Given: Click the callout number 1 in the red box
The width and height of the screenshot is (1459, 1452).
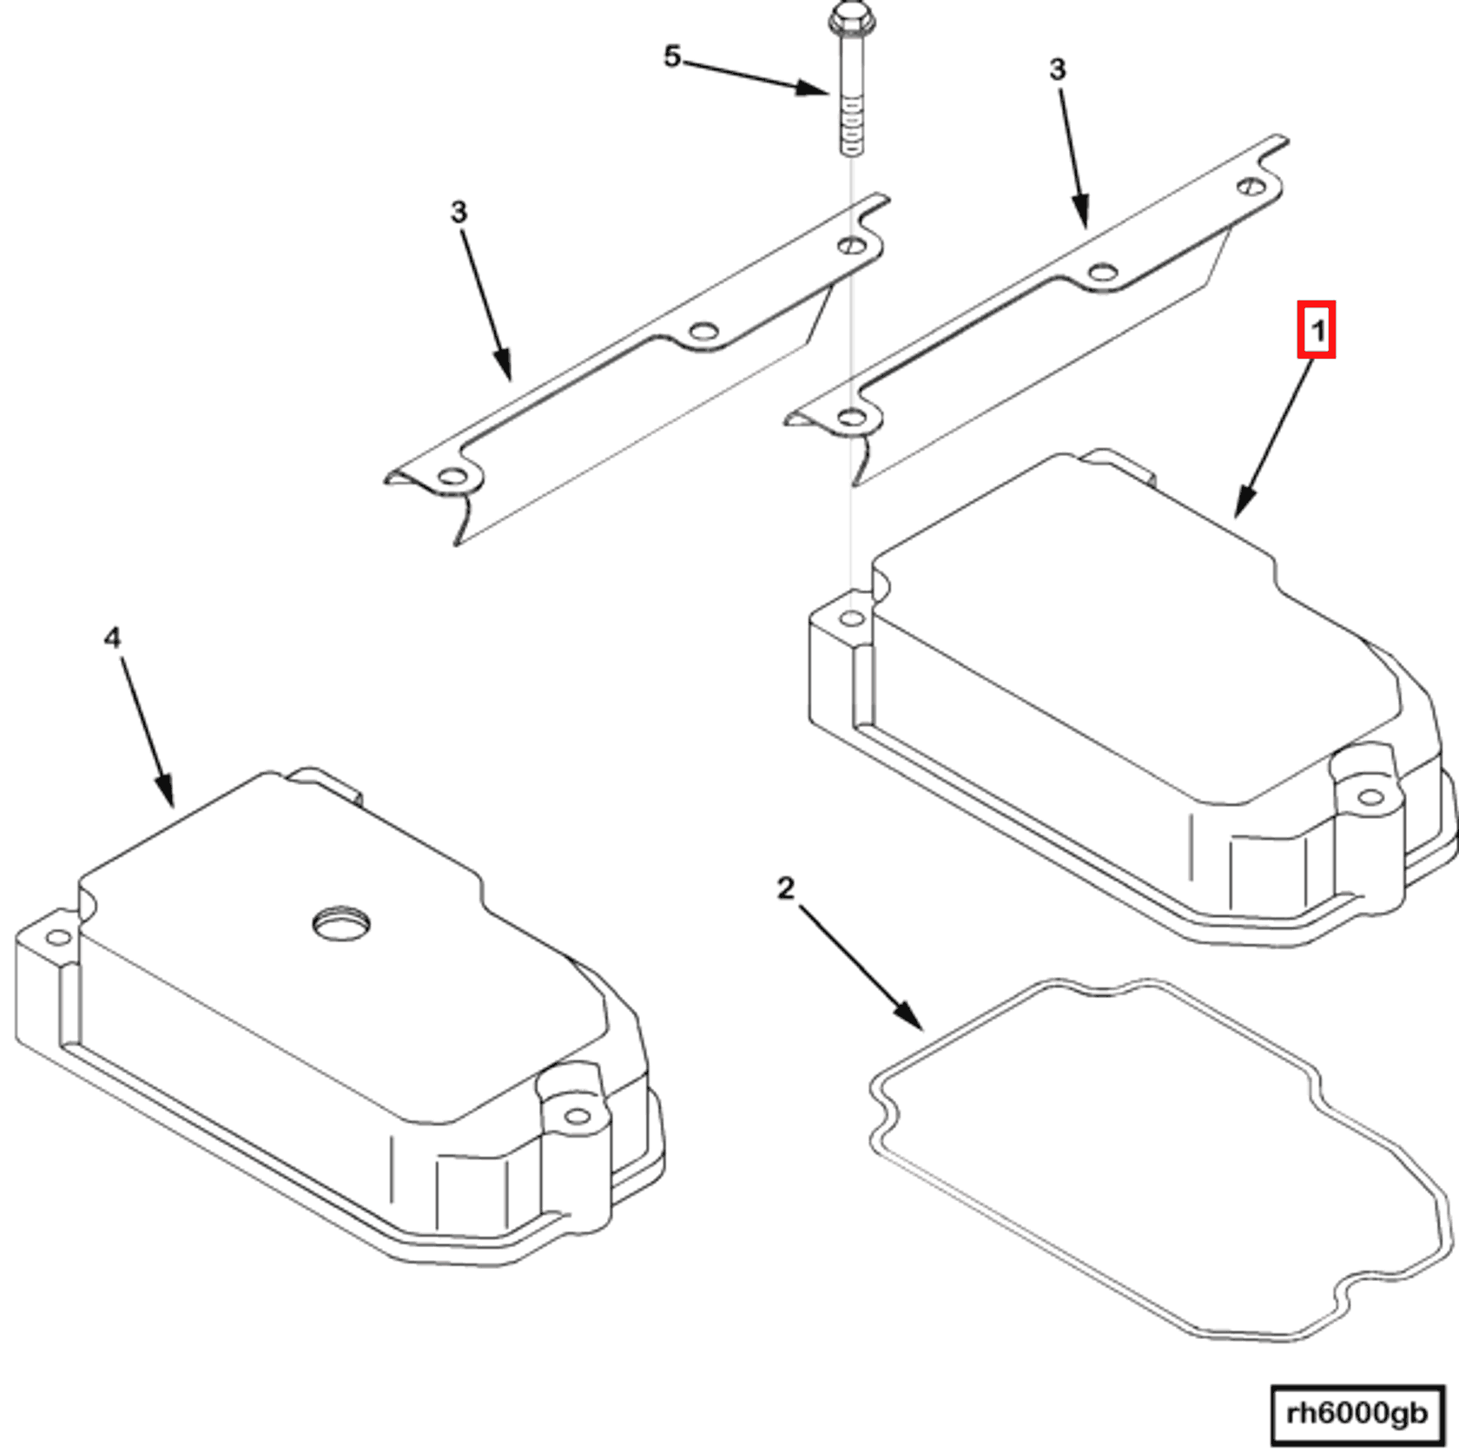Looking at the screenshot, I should (x=1317, y=331).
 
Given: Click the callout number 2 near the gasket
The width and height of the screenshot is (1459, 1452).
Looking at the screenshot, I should (x=785, y=888).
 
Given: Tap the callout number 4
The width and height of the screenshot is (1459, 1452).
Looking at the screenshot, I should (x=112, y=638).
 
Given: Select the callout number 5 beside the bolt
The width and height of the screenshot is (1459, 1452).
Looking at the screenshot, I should (x=672, y=57).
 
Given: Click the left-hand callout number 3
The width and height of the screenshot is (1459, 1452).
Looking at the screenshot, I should (x=459, y=212).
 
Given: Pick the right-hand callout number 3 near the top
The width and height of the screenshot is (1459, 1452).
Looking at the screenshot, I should (x=1057, y=69).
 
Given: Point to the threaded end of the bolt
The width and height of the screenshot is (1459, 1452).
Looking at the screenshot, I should (x=852, y=130).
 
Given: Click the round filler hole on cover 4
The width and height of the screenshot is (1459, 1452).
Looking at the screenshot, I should (x=341, y=924).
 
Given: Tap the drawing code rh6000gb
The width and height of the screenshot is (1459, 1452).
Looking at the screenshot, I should (x=1357, y=1414).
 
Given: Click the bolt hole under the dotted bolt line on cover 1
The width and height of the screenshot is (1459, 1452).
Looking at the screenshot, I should (x=853, y=618).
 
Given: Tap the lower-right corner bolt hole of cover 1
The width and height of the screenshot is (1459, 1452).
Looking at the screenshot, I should (x=1370, y=797).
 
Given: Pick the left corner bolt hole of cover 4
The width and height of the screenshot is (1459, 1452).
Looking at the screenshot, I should (x=57, y=938).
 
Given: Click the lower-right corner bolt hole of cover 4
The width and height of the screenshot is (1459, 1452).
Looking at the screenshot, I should (x=576, y=1117).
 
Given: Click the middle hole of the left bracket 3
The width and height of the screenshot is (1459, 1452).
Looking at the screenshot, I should (x=703, y=331).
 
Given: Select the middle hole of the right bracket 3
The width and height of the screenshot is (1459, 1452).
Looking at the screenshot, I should (x=1102, y=272).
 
